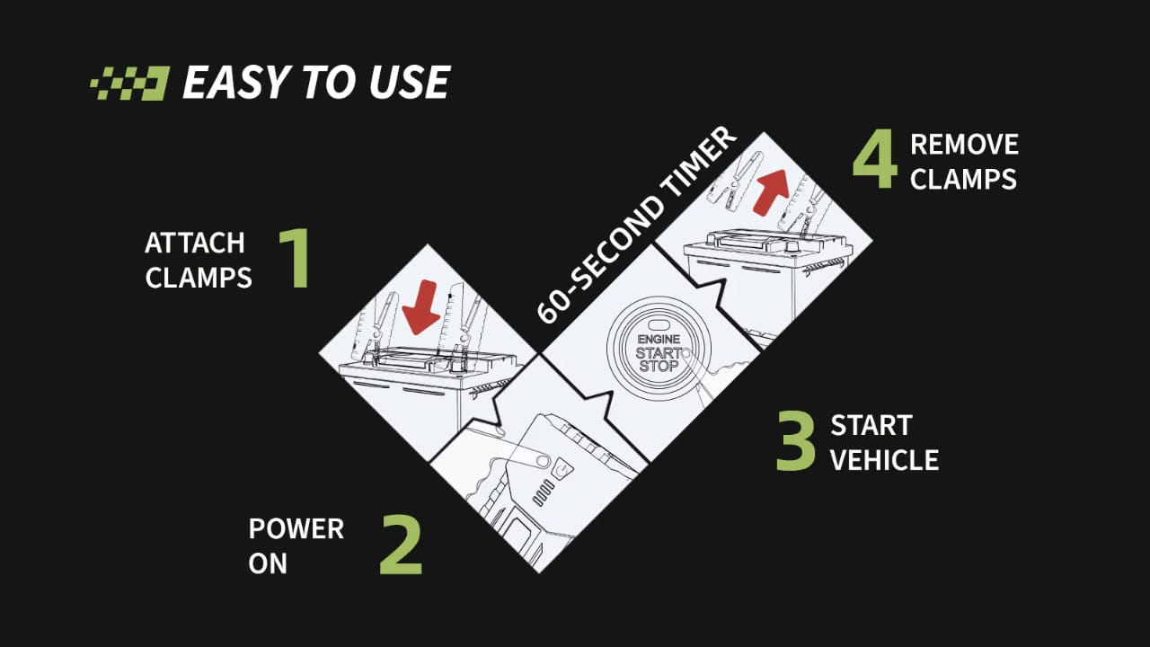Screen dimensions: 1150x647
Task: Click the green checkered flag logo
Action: click(129, 83)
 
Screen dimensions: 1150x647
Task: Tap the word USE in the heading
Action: click(410, 82)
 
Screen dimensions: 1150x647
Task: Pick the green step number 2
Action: click(401, 545)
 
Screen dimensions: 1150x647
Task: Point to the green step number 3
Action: click(795, 440)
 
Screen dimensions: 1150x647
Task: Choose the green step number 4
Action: click(875, 159)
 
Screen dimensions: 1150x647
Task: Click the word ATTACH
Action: click(195, 243)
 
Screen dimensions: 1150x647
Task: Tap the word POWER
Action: click(296, 529)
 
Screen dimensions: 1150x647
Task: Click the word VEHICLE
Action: click(885, 459)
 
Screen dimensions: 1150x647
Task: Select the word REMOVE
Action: click(964, 145)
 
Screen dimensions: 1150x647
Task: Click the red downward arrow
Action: click(421, 307)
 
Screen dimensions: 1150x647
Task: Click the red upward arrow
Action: click(771, 191)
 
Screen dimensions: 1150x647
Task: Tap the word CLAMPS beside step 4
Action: click(963, 179)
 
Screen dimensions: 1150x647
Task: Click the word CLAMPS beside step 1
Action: click(199, 278)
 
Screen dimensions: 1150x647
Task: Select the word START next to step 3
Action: click(871, 425)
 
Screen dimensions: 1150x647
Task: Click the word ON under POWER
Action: click(268, 563)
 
